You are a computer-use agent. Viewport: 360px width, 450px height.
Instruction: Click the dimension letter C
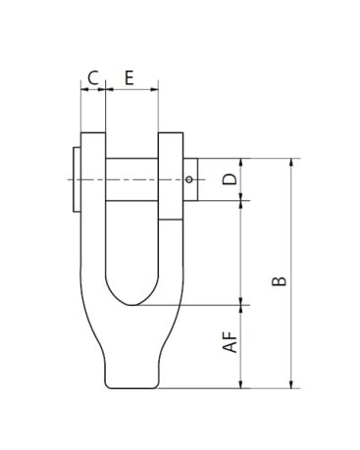pos(93,77)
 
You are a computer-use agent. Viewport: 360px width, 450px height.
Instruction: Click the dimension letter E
pos(129,77)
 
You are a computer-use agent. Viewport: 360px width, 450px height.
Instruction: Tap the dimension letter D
pos(230,179)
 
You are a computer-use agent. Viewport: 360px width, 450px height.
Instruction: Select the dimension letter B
pos(280,281)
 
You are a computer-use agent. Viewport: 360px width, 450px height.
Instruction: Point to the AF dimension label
pos(230,342)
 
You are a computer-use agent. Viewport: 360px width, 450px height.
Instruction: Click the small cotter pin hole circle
pos(189,179)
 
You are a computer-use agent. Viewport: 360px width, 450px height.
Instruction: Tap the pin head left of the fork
pos(77,179)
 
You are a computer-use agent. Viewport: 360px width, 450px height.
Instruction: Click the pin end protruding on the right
pos(190,179)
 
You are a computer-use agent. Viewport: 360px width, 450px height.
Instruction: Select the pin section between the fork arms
pos(131,179)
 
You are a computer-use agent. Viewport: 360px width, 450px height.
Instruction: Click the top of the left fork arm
pos(93,133)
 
